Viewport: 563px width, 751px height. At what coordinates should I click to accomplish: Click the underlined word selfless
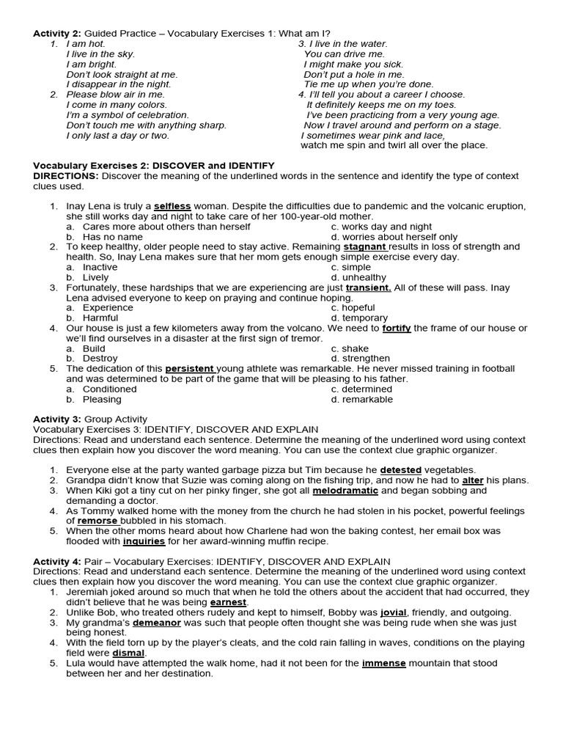172,207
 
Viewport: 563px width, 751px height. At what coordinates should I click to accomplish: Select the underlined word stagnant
364,247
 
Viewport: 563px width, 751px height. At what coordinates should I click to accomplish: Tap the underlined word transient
368,287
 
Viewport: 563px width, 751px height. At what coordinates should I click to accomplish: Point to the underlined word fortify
397,328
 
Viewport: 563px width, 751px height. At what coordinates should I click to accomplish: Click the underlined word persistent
191,368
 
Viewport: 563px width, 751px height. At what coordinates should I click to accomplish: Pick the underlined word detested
401,469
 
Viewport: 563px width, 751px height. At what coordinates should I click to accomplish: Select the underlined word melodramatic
345,490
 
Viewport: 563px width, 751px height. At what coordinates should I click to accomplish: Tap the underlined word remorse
97,521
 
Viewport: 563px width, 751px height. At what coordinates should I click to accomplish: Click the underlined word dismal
129,653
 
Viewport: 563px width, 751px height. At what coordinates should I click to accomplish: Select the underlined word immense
383,663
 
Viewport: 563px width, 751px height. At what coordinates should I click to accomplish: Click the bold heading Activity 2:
58,34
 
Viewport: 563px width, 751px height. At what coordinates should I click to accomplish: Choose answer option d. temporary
359,318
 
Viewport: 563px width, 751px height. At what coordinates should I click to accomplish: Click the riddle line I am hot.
86,44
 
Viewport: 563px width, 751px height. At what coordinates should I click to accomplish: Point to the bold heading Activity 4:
58,561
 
